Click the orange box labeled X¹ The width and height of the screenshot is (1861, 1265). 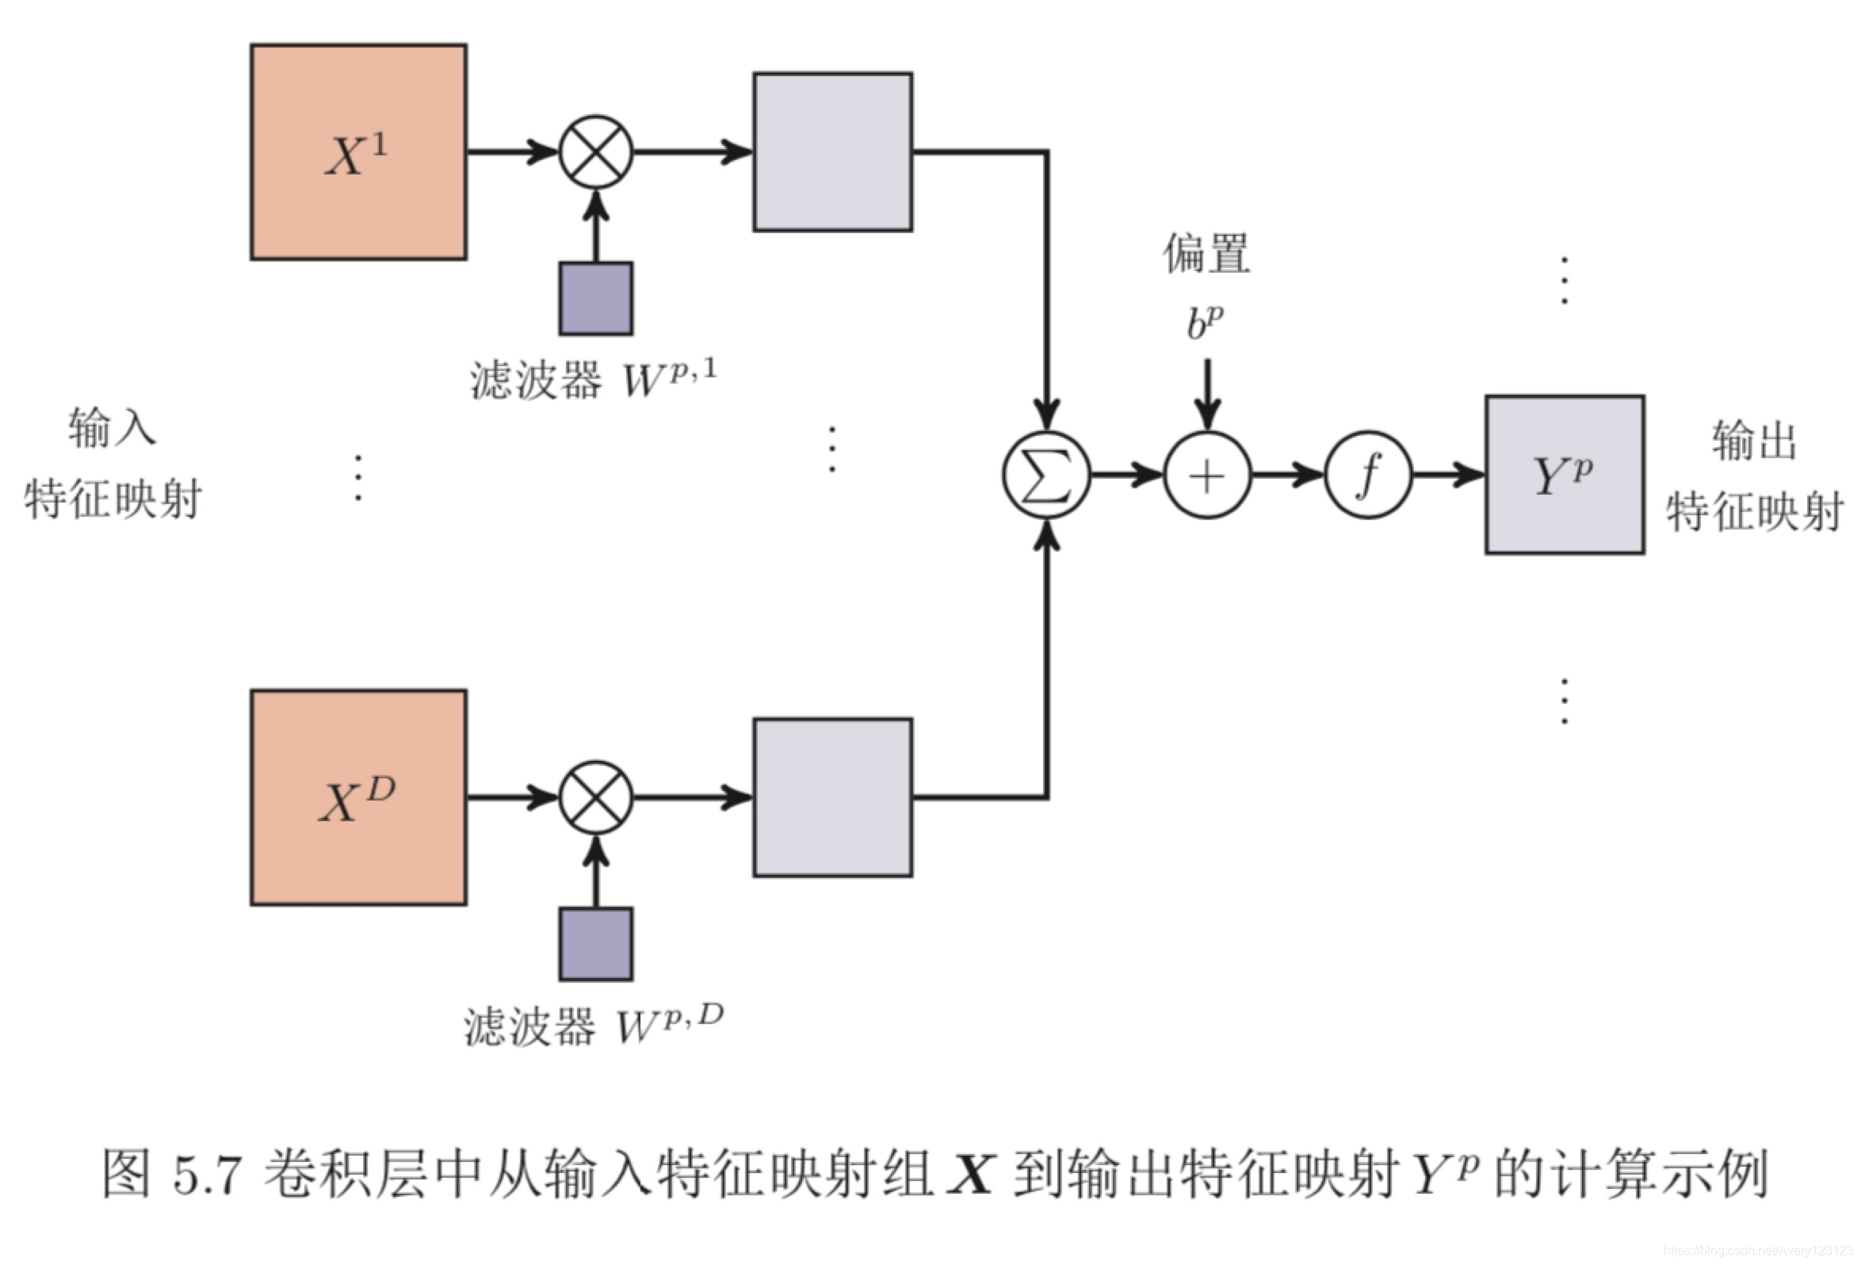[358, 152]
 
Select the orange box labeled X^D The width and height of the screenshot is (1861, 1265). [358, 797]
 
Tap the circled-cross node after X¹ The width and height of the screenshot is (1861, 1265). [596, 152]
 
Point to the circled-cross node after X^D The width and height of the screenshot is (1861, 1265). [596, 797]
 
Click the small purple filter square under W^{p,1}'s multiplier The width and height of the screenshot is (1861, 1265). [596, 298]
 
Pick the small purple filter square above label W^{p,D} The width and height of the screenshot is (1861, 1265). [596, 944]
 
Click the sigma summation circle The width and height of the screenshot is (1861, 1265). [1045, 476]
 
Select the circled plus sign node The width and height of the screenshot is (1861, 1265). [1207, 476]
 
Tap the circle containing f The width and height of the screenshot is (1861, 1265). [1368, 476]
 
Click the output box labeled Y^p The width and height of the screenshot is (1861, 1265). [1565, 474]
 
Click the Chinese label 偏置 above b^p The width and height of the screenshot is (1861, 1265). [1206, 254]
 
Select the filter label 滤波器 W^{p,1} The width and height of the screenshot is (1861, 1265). [593, 379]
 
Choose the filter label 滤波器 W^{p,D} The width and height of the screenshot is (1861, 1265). [593, 1025]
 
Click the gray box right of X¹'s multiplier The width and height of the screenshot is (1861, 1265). [832, 152]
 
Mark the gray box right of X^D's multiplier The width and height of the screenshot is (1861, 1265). [832, 797]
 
